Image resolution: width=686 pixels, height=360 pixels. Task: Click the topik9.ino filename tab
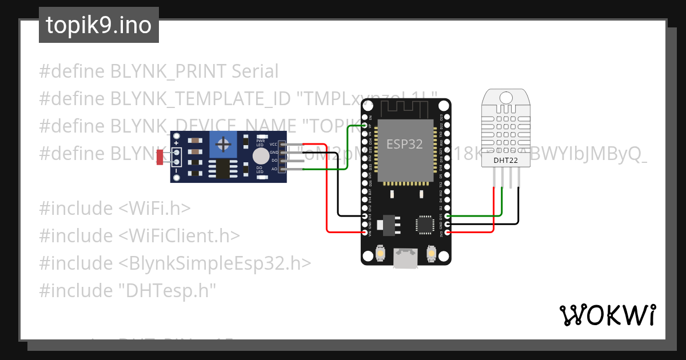point(98,25)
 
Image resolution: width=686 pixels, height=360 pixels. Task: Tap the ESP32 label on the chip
point(404,144)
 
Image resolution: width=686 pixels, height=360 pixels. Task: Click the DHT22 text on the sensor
point(506,161)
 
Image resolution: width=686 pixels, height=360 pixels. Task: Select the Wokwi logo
point(607,314)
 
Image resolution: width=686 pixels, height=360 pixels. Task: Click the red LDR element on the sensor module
point(159,157)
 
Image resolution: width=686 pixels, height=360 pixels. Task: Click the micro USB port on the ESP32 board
point(405,259)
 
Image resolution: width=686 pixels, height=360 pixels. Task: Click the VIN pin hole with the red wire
point(366,233)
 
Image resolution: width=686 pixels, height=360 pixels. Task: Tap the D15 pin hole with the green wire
point(446,216)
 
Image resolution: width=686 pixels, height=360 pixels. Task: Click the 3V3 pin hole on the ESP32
point(446,233)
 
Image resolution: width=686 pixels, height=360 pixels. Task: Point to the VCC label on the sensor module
point(273,145)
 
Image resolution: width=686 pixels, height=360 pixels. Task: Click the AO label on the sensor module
point(274,169)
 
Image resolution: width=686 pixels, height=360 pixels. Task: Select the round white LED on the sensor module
point(260,155)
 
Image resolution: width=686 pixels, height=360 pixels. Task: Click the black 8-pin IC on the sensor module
point(221,168)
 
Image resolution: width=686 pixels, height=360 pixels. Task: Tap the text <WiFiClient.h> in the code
point(179,235)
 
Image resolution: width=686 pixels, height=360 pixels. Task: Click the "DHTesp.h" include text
point(167,290)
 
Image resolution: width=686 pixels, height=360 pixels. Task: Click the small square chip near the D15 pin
point(426,223)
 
